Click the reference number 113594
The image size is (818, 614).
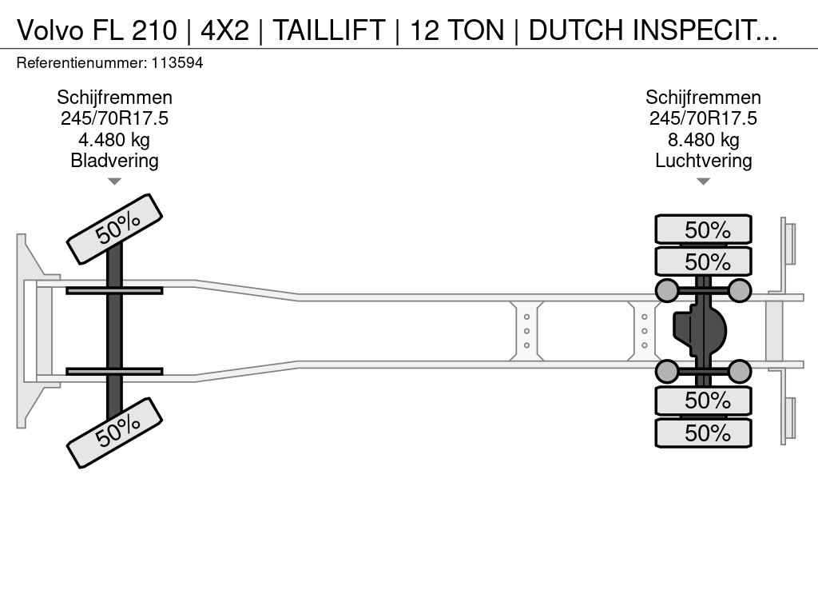click(x=177, y=63)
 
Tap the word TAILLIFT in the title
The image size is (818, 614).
click(x=329, y=30)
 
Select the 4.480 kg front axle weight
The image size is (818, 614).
click(x=114, y=140)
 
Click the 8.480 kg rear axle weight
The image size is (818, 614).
click(x=703, y=140)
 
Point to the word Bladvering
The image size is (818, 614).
click(x=114, y=161)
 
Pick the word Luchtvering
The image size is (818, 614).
click(x=703, y=161)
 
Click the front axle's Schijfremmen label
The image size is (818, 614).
click(x=114, y=98)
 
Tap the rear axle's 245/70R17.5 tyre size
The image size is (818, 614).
click(x=703, y=118)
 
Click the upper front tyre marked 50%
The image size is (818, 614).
click(x=115, y=229)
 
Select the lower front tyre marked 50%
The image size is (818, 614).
click(x=115, y=433)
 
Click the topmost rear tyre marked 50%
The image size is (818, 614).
click(x=703, y=229)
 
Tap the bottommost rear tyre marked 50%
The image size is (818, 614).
click(x=703, y=433)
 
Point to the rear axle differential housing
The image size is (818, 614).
click(x=699, y=330)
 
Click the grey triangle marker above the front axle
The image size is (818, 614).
click(x=114, y=181)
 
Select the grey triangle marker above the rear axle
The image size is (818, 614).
click(x=703, y=181)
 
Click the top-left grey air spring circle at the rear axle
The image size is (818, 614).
click(x=667, y=290)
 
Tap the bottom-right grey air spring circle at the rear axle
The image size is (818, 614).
click(x=739, y=371)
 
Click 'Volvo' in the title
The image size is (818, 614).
click(x=50, y=30)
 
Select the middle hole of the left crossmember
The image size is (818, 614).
click(x=527, y=331)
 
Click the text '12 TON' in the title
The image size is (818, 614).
click(x=458, y=30)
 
